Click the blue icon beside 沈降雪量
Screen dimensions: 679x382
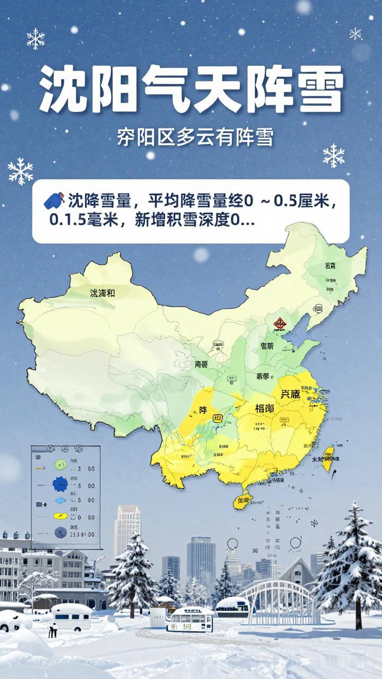[x=54, y=201]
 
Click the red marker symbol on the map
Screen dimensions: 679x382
[x=280, y=323]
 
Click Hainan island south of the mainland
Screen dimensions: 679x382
[x=243, y=500]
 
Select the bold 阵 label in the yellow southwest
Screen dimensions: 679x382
[x=203, y=410]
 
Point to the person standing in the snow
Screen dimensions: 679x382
[x=52, y=630]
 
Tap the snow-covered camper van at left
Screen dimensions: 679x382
[x=71, y=615]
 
